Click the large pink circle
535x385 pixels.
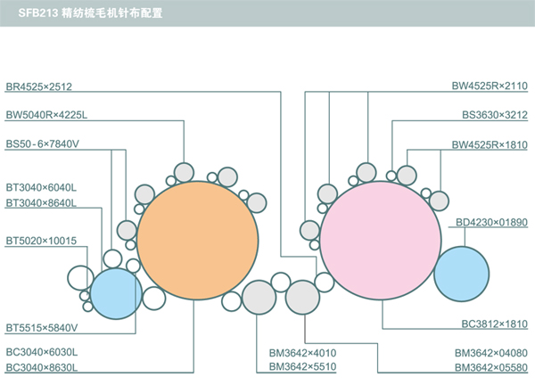(381, 242)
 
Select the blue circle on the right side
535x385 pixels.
(462, 274)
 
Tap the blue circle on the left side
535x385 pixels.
(116, 293)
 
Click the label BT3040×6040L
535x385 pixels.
(42, 187)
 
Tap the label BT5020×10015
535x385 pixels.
(41, 241)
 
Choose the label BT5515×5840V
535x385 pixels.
(42, 327)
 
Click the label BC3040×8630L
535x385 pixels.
(42, 367)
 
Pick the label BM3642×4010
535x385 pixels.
(302, 353)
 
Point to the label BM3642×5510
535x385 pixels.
(302, 367)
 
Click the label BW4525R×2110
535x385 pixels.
(490, 86)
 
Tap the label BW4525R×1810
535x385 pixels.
(490, 143)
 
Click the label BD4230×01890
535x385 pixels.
(491, 222)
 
